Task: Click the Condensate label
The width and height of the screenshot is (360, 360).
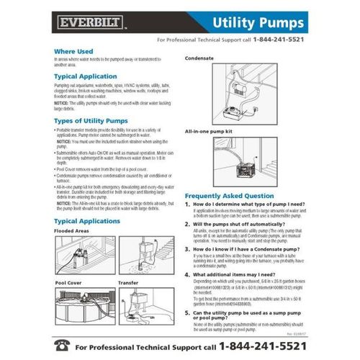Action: pyautogui.click(x=201, y=57)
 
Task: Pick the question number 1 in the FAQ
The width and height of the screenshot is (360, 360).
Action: pyautogui.click(x=189, y=205)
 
